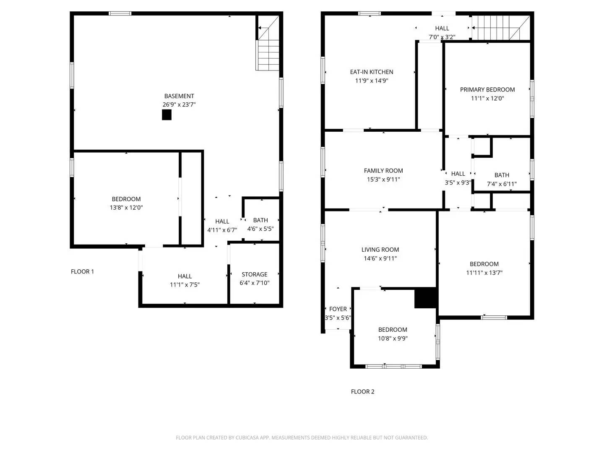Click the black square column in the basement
pyautogui.click(x=167, y=115)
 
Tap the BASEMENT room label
pyautogui.click(x=179, y=96)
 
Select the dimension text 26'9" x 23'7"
pyautogui.click(x=179, y=104)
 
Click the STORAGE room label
pyautogui.click(x=254, y=274)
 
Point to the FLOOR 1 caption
pyautogui.click(x=82, y=271)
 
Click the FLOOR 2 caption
pyautogui.click(x=362, y=391)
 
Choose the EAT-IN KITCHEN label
pyautogui.click(x=372, y=72)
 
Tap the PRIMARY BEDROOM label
pyautogui.click(x=487, y=89)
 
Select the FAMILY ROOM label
pyautogui.click(x=383, y=171)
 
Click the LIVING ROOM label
pyautogui.click(x=380, y=250)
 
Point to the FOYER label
pyautogui.click(x=338, y=309)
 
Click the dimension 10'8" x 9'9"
pyautogui.click(x=393, y=338)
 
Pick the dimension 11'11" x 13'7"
pyautogui.click(x=484, y=273)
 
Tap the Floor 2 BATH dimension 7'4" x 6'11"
pyautogui.click(x=502, y=184)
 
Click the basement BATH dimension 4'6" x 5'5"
pyautogui.click(x=260, y=229)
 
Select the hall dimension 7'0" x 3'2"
pyautogui.click(x=442, y=37)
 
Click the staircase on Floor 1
pyautogui.click(x=268, y=43)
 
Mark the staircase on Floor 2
pyautogui.click(x=501, y=28)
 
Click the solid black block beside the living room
pyautogui.click(x=425, y=298)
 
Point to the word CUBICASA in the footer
pyautogui.click(x=247, y=437)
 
